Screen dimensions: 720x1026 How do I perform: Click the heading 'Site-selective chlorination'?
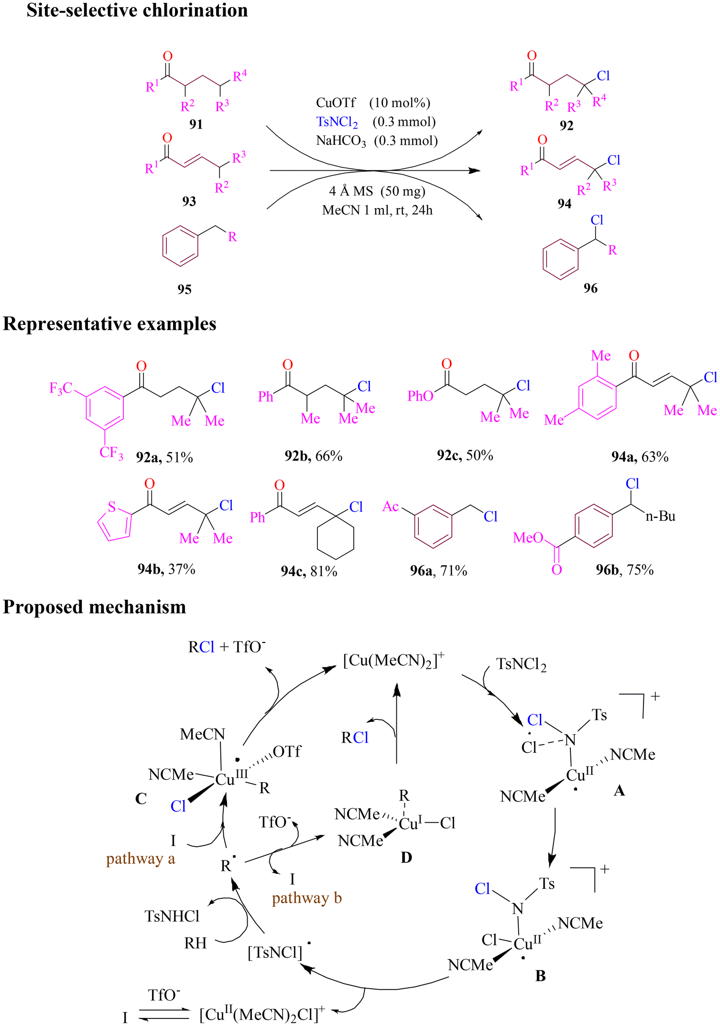tap(137, 11)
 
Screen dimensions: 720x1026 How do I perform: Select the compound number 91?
tap(196, 124)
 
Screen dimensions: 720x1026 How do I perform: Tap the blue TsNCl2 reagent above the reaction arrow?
tap(337, 122)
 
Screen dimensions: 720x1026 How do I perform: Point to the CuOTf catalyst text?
tap(336, 102)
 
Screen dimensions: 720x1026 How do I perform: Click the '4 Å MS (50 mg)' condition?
tap(377, 191)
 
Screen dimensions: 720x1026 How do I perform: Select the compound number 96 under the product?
tap(590, 288)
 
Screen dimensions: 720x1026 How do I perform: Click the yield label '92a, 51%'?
tap(164, 458)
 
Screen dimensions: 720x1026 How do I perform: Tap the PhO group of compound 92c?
tap(420, 396)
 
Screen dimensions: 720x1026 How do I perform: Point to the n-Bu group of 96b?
tap(660, 516)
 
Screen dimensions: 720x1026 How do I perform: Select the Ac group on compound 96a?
tap(391, 507)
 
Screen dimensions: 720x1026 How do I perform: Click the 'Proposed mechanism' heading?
tap(95, 607)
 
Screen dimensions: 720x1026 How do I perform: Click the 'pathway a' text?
tap(141, 859)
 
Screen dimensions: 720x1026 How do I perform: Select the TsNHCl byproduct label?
tap(172, 916)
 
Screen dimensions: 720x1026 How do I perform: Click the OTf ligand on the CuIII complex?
tap(287, 752)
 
